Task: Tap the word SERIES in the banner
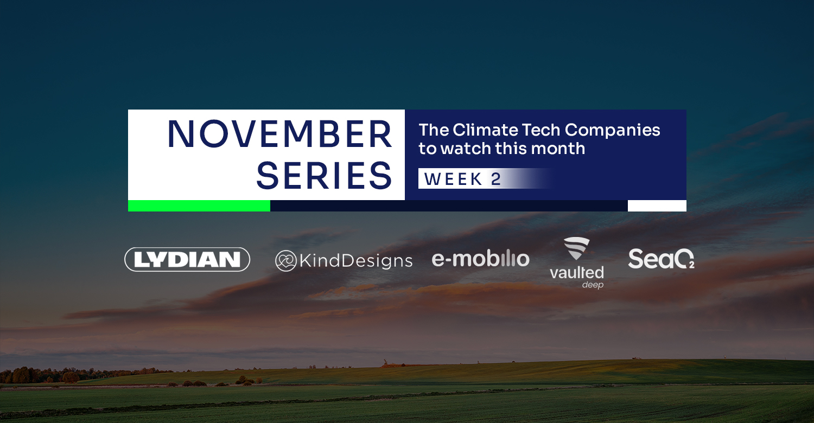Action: tap(324, 176)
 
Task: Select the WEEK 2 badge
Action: tap(485, 178)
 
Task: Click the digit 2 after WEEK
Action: tap(496, 179)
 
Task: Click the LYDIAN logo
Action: tap(187, 259)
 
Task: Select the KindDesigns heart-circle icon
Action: tap(286, 261)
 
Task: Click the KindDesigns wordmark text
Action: tap(356, 261)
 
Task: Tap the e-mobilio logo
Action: tap(480, 259)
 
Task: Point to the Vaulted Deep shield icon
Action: tap(576, 248)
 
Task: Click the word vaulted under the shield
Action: tap(577, 272)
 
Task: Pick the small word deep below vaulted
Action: tap(593, 285)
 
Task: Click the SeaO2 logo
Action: tap(661, 259)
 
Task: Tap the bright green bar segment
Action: tap(199, 206)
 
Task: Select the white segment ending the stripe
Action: tap(657, 206)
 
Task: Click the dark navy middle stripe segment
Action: tap(449, 206)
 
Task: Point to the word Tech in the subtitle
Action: tap(540, 130)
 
